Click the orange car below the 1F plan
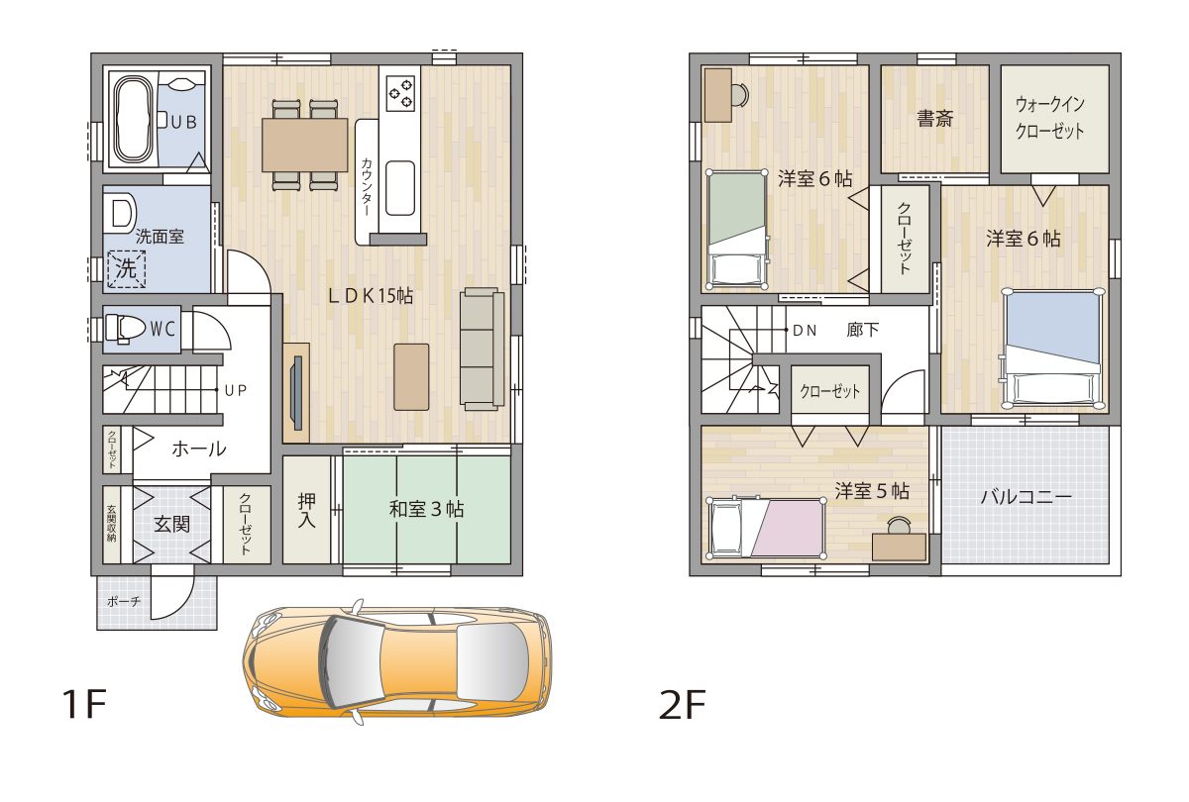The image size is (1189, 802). click(397, 663)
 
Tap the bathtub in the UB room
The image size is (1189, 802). click(135, 120)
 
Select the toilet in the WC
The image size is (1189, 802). click(125, 329)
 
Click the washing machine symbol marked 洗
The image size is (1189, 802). click(127, 269)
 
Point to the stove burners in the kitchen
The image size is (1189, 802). click(400, 93)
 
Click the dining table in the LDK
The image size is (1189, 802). click(305, 145)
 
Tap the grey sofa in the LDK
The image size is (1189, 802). click(482, 349)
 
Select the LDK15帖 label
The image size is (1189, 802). click(370, 296)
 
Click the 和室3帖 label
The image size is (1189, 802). click(426, 509)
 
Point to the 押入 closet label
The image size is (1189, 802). click(307, 509)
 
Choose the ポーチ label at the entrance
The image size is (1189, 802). click(124, 602)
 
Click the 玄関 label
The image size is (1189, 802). click(172, 524)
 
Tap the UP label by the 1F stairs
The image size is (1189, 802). click(236, 390)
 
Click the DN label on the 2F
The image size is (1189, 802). click(805, 331)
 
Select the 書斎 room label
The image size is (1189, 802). click(934, 118)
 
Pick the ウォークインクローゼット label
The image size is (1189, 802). click(1049, 117)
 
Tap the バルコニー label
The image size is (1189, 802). click(1027, 496)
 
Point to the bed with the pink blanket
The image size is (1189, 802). click(766, 528)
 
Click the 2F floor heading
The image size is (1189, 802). click(682, 704)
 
